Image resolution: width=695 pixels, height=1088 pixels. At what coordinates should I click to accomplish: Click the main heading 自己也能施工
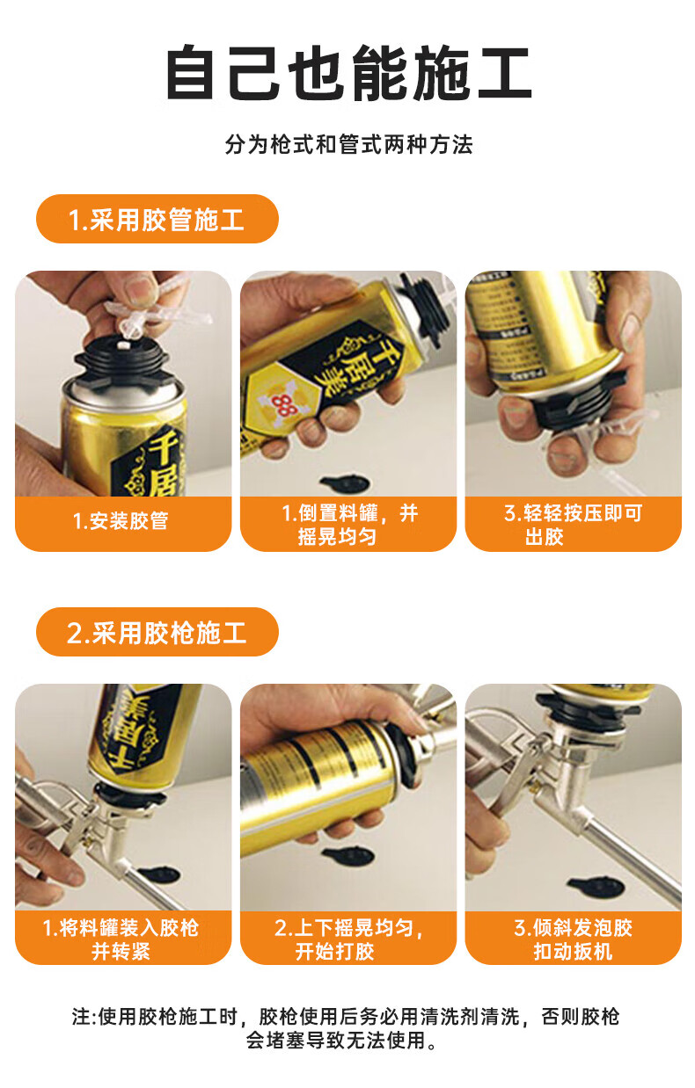348,73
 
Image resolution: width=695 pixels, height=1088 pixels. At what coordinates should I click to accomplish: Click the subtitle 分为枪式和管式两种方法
348,144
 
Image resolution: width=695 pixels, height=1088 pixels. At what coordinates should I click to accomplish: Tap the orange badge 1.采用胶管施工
157,219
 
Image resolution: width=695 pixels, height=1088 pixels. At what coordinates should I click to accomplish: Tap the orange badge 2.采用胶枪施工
157,632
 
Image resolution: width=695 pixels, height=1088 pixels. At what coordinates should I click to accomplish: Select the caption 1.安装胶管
121,521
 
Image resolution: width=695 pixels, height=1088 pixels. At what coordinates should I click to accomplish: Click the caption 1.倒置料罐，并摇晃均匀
349,525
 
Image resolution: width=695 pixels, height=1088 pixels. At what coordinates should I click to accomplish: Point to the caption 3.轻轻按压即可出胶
573,525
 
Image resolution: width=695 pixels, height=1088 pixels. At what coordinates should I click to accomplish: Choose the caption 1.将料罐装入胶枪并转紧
121,939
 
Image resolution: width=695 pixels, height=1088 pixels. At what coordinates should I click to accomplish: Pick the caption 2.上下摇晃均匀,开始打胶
348,939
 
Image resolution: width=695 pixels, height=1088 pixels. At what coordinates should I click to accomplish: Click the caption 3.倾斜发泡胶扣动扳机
573,939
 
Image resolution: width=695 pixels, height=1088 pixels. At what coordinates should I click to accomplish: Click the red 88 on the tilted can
282,404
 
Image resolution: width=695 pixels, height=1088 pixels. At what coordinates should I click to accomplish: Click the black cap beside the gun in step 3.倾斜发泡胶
596,887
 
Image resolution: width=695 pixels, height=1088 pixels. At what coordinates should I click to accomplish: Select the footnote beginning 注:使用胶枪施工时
346,1027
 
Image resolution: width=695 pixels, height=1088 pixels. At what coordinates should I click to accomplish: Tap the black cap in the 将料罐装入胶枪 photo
159,875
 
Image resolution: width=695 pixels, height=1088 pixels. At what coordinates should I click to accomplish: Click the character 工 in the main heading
504,73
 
